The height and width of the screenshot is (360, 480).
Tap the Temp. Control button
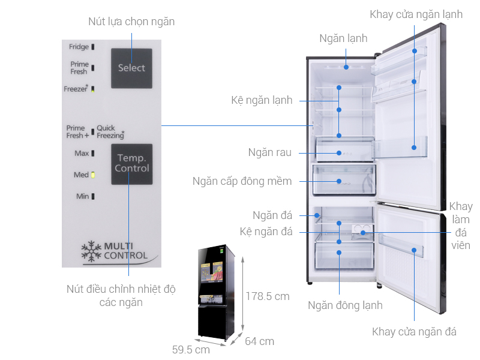(131, 164)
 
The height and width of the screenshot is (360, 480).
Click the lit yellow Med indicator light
(93, 175)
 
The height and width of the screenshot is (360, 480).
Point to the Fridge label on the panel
(79, 47)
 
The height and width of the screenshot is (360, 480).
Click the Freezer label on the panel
(76, 89)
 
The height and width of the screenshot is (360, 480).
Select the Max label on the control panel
(82, 154)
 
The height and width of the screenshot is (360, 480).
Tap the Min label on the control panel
(82, 196)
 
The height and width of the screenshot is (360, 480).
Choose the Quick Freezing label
(110, 131)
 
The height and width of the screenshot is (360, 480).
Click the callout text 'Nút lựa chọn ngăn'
(131, 22)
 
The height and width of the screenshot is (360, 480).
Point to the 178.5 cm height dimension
(267, 296)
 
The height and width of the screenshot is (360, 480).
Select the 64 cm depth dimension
(259, 341)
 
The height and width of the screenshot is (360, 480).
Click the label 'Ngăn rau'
(269, 152)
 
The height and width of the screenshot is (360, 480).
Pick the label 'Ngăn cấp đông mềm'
(242, 181)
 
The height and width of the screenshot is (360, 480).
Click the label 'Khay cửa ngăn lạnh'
(416, 14)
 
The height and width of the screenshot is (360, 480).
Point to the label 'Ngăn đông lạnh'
(345, 305)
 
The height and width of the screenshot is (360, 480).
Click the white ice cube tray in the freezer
(362, 230)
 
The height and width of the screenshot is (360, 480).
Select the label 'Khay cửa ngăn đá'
(414, 332)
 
